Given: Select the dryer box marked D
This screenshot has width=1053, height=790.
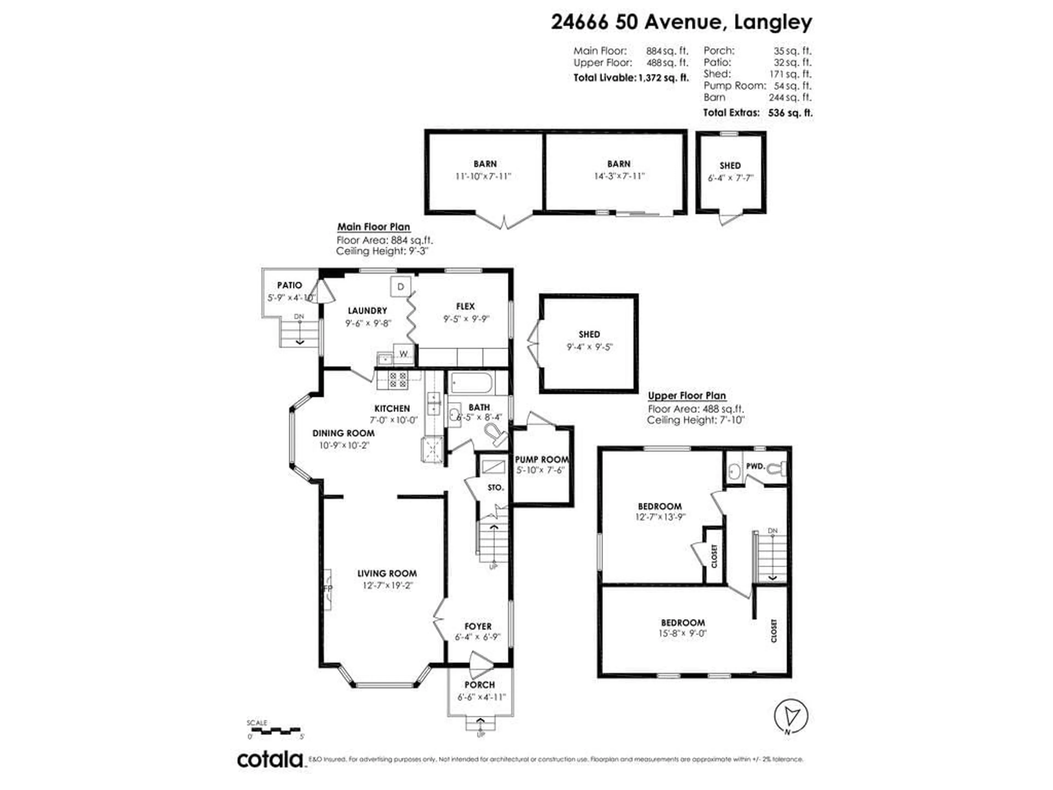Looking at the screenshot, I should (400, 287).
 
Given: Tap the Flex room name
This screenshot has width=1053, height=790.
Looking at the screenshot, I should (465, 306).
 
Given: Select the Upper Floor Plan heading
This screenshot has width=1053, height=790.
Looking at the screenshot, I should (686, 396).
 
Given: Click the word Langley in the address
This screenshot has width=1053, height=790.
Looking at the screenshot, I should (773, 22).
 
